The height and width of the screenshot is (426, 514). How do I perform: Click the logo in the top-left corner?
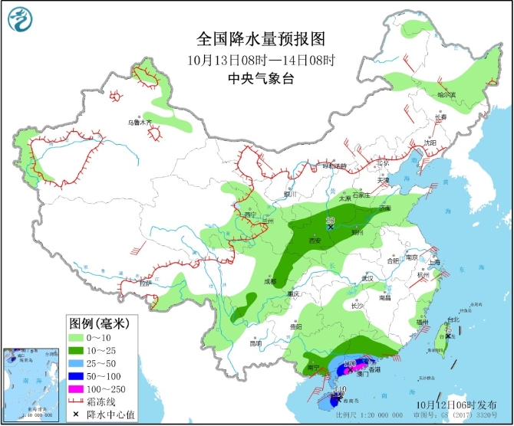coord(24,23)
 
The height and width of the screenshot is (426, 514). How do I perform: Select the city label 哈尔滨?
coord(445,95)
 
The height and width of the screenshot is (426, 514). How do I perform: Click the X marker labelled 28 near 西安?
coord(330,227)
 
